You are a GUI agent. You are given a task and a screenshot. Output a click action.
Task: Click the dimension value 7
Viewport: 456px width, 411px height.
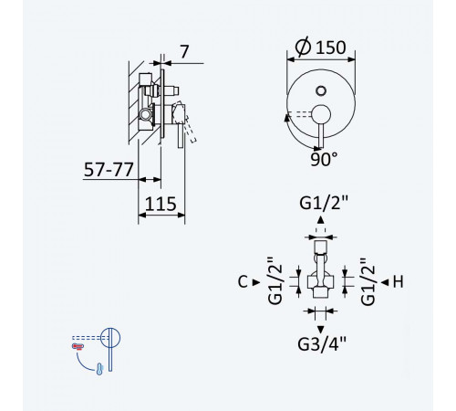coord(184,52)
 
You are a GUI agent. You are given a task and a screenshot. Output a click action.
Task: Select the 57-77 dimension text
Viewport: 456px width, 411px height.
coord(109,170)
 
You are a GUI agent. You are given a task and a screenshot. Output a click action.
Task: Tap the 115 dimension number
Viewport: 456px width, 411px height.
coord(161,204)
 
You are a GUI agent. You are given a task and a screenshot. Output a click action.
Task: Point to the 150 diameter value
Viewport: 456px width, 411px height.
coord(331,47)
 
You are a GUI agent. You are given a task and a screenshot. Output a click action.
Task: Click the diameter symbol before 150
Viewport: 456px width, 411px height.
coord(303,47)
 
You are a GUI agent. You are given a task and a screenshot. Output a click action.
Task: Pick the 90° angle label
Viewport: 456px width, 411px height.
coord(324,159)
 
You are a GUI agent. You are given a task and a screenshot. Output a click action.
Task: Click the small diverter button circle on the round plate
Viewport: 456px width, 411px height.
coord(321,90)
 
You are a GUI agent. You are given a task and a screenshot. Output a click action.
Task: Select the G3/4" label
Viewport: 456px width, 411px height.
coord(322,344)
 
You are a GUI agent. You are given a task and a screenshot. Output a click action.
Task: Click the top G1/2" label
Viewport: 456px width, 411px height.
coord(324,203)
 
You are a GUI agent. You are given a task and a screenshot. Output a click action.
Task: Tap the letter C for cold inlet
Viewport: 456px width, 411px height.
coord(243,282)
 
